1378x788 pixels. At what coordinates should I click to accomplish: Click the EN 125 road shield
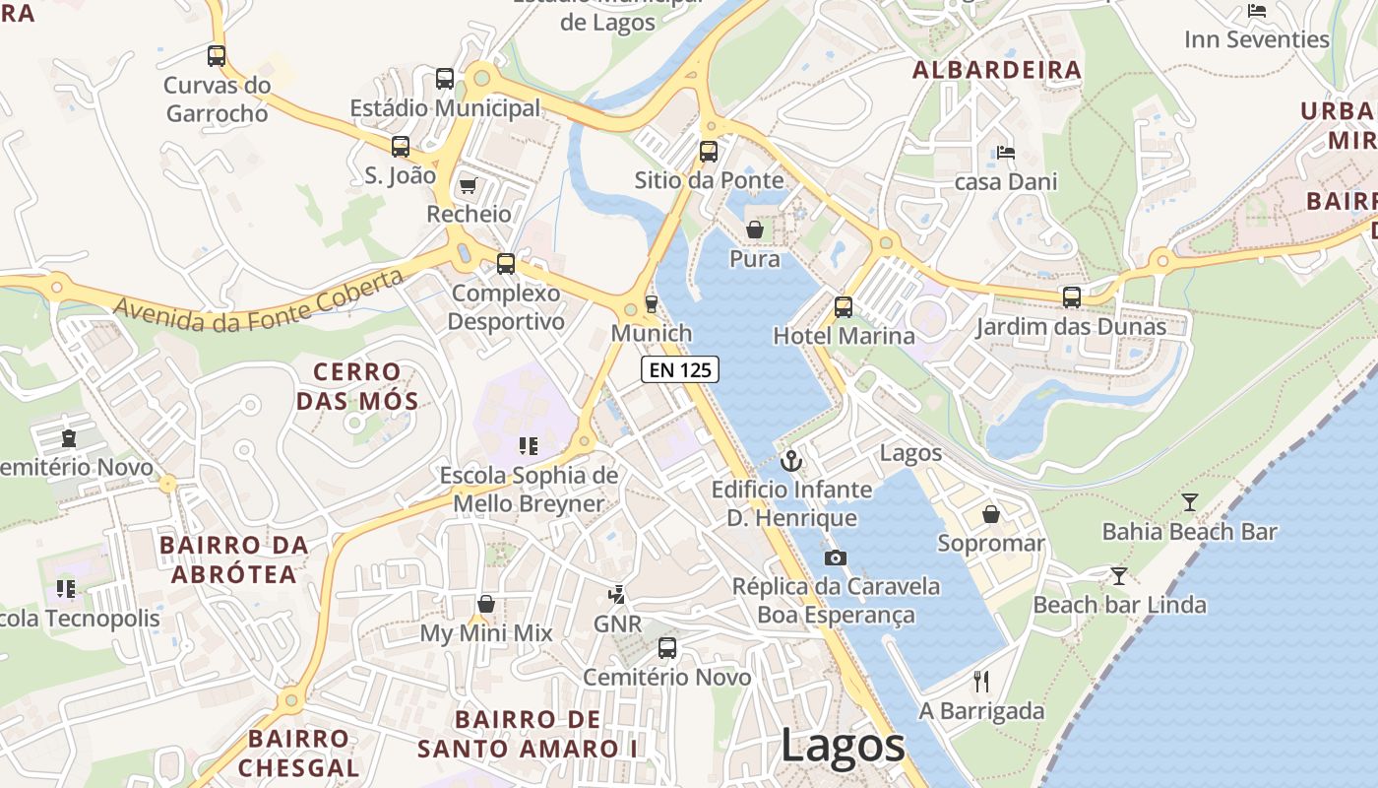click(x=680, y=369)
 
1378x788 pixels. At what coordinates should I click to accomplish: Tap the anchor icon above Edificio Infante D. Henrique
click(x=790, y=460)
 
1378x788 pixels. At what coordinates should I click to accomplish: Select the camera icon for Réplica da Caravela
click(x=835, y=558)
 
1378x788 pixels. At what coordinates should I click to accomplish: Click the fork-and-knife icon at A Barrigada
click(x=980, y=681)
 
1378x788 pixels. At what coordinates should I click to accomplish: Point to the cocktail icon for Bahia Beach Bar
click(x=1190, y=502)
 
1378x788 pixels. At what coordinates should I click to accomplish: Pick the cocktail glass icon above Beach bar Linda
click(x=1119, y=575)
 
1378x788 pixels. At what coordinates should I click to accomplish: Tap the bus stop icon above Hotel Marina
click(x=844, y=306)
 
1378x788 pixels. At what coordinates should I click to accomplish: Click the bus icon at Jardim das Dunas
click(x=1072, y=296)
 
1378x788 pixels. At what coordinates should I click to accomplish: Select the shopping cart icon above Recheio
click(x=469, y=185)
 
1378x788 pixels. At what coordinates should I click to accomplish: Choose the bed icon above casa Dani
click(x=1006, y=153)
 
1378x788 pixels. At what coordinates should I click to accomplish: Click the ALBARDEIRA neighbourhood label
click(x=996, y=70)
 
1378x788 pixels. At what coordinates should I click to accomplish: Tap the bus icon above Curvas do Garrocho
click(x=217, y=56)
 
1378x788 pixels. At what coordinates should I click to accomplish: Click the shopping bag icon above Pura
click(x=755, y=230)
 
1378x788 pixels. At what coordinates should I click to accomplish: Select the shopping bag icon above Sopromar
click(x=991, y=514)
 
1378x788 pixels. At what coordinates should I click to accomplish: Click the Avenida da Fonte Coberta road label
click(x=259, y=300)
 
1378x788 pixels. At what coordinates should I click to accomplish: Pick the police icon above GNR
click(x=617, y=594)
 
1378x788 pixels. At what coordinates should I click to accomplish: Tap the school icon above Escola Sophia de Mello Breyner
click(x=529, y=446)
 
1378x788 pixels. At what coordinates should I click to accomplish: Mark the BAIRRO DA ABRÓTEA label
click(x=233, y=559)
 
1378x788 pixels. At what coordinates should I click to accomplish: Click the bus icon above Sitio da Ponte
click(x=709, y=152)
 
